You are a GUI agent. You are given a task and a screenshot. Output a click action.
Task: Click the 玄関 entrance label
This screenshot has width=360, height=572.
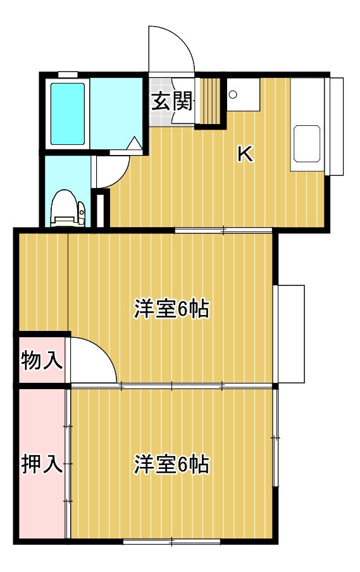click(x=171, y=101)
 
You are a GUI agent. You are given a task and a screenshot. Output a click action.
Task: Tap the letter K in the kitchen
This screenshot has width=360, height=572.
click(x=245, y=154)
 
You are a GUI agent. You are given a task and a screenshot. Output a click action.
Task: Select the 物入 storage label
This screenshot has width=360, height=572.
click(x=41, y=361)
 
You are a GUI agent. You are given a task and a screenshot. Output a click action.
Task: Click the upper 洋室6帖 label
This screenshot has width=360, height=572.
click(x=171, y=309)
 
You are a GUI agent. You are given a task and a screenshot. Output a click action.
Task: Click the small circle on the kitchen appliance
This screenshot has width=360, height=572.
click(x=233, y=95)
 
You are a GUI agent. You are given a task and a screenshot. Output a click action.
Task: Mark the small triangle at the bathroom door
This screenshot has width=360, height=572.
click(x=135, y=144)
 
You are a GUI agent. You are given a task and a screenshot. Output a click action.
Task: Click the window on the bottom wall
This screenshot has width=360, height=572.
click(x=171, y=541)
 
